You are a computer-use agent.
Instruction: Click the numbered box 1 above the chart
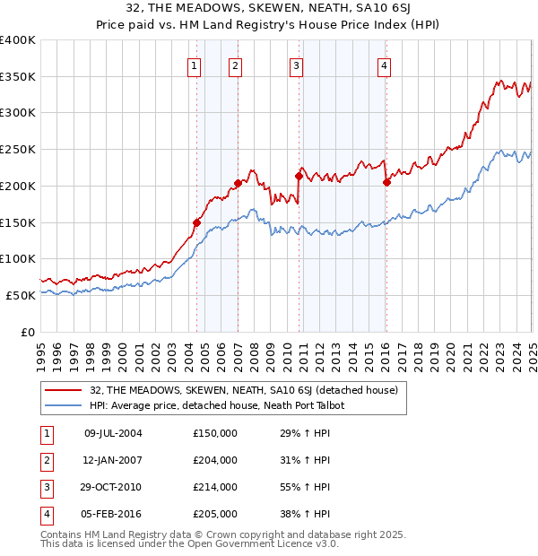(195, 65)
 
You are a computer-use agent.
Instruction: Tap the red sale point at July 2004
(196, 222)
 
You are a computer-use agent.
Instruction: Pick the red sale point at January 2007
(238, 183)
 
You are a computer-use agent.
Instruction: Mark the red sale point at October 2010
(299, 176)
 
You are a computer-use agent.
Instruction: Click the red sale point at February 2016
(386, 182)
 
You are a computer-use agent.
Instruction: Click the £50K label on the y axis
(22, 295)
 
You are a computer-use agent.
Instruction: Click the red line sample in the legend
(64, 390)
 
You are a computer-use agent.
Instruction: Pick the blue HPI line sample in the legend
(64, 405)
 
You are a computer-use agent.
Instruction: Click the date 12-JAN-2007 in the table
(112, 460)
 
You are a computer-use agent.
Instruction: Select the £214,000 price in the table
(215, 487)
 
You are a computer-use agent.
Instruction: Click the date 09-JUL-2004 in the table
(112, 433)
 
